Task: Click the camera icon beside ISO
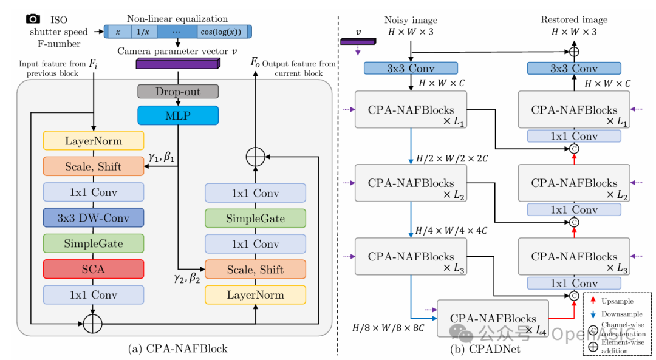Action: point(33,19)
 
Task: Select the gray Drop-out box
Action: point(177,92)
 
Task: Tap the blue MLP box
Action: point(177,115)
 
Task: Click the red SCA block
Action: point(93,269)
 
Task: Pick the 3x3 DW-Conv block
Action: point(93,218)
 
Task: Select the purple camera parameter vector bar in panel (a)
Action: point(177,64)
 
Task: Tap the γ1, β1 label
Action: point(162,158)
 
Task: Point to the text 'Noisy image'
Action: point(411,21)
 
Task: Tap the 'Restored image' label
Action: point(573,20)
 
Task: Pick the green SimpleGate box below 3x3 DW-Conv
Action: point(93,243)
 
